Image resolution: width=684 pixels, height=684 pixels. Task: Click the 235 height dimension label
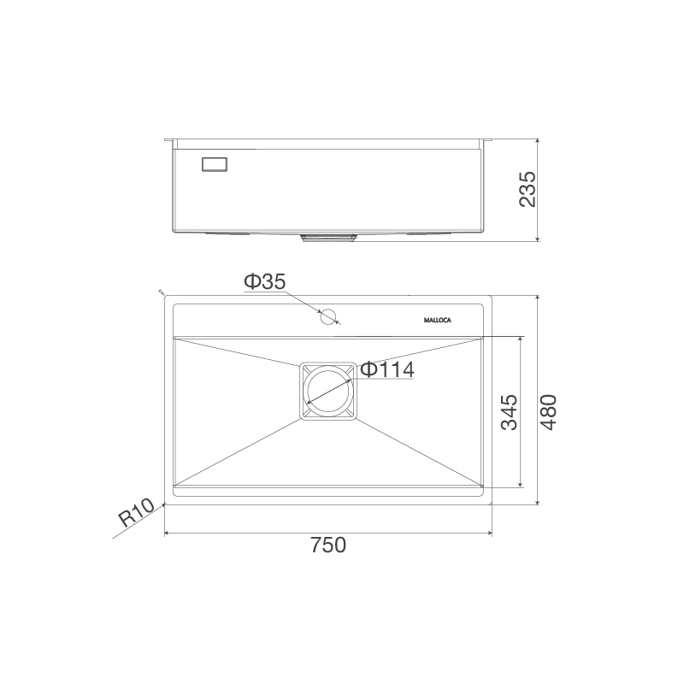pyautogui.click(x=527, y=190)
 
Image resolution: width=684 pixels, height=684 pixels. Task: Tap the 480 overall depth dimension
pyautogui.click(x=547, y=412)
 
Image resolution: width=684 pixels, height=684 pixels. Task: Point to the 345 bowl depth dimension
pyautogui.click(x=508, y=412)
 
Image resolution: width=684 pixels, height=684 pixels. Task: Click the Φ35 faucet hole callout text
pyautogui.click(x=264, y=281)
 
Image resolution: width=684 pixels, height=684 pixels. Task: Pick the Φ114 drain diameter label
pyautogui.click(x=386, y=369)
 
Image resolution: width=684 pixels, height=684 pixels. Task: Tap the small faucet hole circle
pyautogui.click(x=327, y=318)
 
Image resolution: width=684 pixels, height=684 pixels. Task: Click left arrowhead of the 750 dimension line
pyautogui.click(x=167, y=534)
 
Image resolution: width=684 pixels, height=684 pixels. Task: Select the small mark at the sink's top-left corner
pyautogui.click(x=161, y=293)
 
